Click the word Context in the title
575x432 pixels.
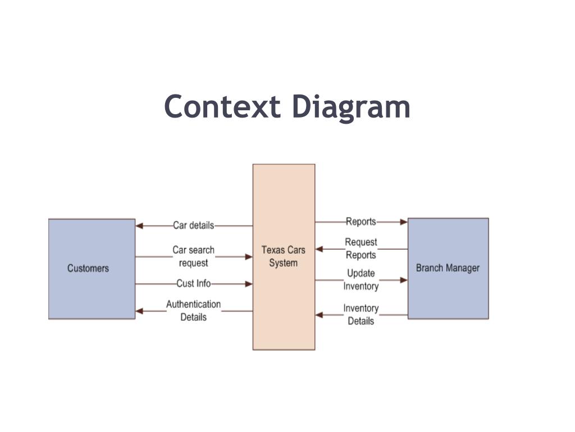click(222, 107)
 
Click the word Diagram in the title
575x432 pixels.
click(351, 108)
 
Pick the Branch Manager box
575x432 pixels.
click(448, 268)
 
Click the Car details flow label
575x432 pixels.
click(193, 226)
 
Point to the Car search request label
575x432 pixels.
click(193, 256)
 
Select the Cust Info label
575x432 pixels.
click(193, 283)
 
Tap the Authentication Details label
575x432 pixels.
click(193, 310)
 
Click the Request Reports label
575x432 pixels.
click(360, 249)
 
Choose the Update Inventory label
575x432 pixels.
click(360, 280)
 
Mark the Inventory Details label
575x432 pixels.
click(360, 314)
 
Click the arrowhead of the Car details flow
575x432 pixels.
click(140, 226)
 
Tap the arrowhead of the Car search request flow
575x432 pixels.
click(248, 256)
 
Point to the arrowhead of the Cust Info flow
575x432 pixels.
click(248, 283)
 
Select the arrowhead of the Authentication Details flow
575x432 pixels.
click(140, 310)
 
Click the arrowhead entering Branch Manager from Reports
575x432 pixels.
click(403, 222)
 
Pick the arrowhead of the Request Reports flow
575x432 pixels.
click(320, 249)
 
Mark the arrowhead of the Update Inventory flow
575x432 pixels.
click(403, 280)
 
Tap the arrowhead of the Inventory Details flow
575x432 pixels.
click(320, 315)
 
